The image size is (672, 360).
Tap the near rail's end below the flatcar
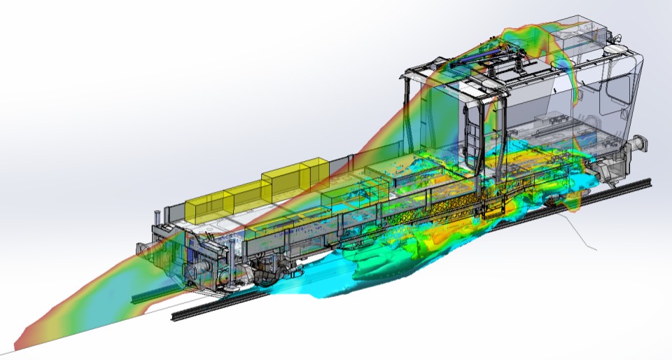pyautogui.click(x=179, y=316)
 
